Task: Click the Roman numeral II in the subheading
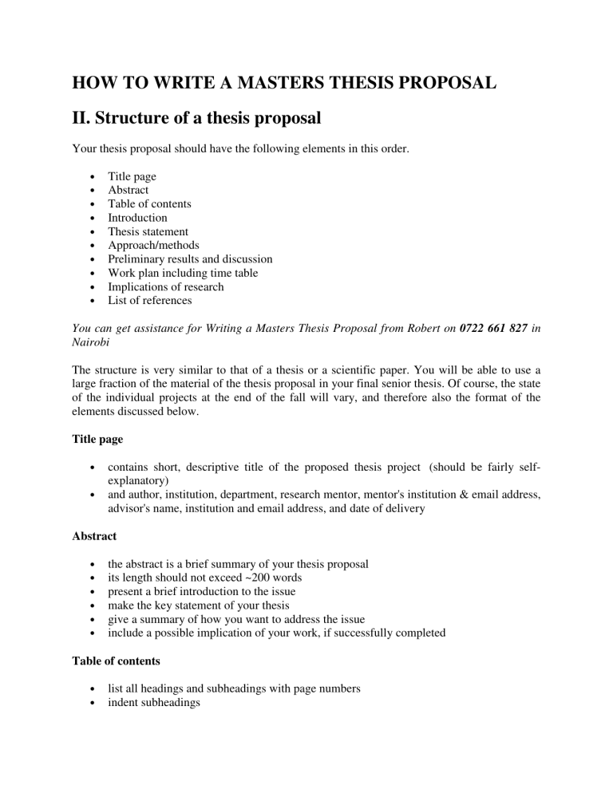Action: pos(82,119)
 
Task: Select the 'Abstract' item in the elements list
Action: pos(129,190)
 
